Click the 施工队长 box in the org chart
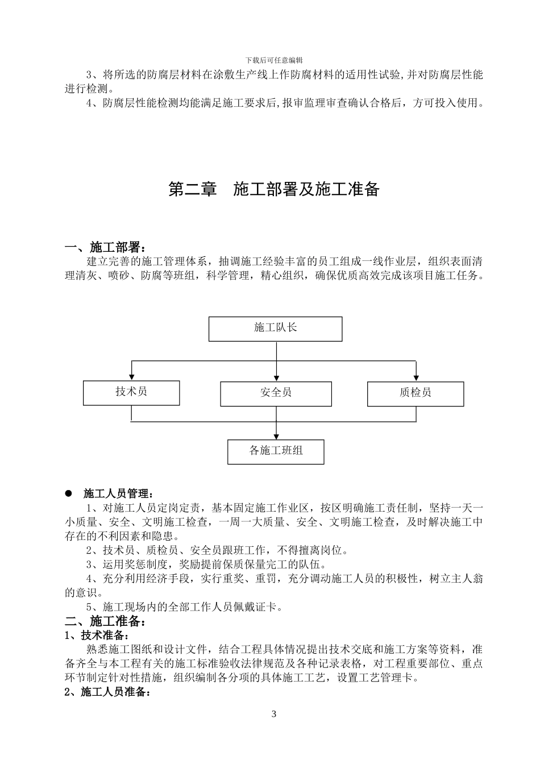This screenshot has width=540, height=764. coord(276,329)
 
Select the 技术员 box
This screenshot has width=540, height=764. coord(131,392)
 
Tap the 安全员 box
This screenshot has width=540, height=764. coord(276,393)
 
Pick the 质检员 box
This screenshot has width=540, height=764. coord(416,393)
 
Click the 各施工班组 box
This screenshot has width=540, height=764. coord(276,451)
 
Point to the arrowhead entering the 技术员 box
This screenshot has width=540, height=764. coord(131,377)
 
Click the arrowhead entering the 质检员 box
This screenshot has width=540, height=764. coord(416,378)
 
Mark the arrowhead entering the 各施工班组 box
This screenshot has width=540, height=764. coord(276,436)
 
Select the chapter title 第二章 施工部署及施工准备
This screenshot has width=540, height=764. coord(274,190)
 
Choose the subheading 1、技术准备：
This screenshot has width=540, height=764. coord(97,635)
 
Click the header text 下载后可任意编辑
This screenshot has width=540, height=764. coord(274,60)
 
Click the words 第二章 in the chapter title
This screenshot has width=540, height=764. coord(193,190)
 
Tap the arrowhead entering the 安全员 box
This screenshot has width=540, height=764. coord(276,378)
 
